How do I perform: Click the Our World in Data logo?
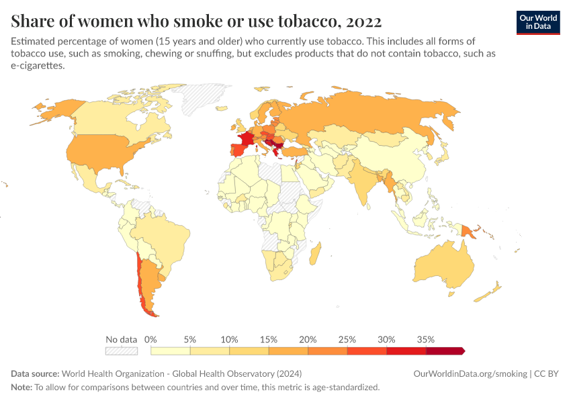tap(537, 22)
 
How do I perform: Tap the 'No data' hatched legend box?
tap(121, 351)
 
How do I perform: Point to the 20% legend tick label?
tap(308, 339)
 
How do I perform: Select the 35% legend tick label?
tap(426, 339)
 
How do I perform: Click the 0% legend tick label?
tap(150, 339)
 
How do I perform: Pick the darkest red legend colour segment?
tap(445, 351)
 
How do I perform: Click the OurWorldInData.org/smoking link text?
tap(470, 373)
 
